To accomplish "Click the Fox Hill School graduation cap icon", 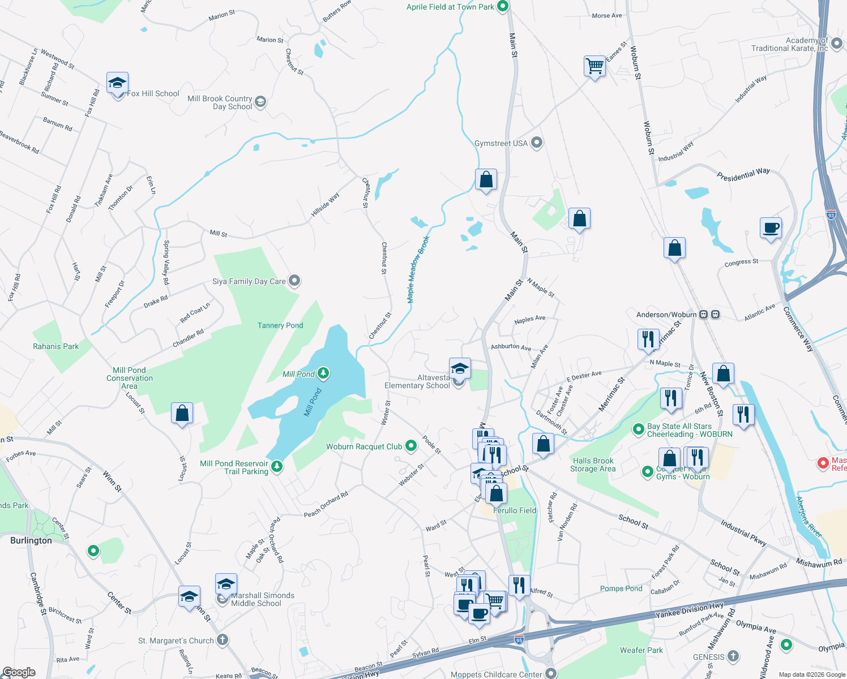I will [117, 84].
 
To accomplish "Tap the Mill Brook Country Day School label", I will [220, 102].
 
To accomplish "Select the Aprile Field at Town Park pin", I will [503, 7].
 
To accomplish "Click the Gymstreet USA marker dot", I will [537, 143].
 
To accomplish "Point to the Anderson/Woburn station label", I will [666, 315].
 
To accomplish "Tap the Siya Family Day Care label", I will [249, 281].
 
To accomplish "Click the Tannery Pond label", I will [280, 325].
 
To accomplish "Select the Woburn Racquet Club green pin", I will [411, 446].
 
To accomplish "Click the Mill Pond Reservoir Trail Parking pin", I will [277, 466].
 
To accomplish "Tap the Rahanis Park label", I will [55, 346].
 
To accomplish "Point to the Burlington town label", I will [31, 540].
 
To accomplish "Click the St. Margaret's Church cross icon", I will [223, 640].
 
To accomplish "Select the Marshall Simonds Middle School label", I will [262, 599].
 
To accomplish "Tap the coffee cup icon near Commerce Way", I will [771, 228].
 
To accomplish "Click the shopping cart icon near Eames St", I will [594, 66].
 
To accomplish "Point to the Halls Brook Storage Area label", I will [593, 465].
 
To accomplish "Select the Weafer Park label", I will [641, 650].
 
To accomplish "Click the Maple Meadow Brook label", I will [418, 269].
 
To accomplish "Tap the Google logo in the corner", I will [19, 672].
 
